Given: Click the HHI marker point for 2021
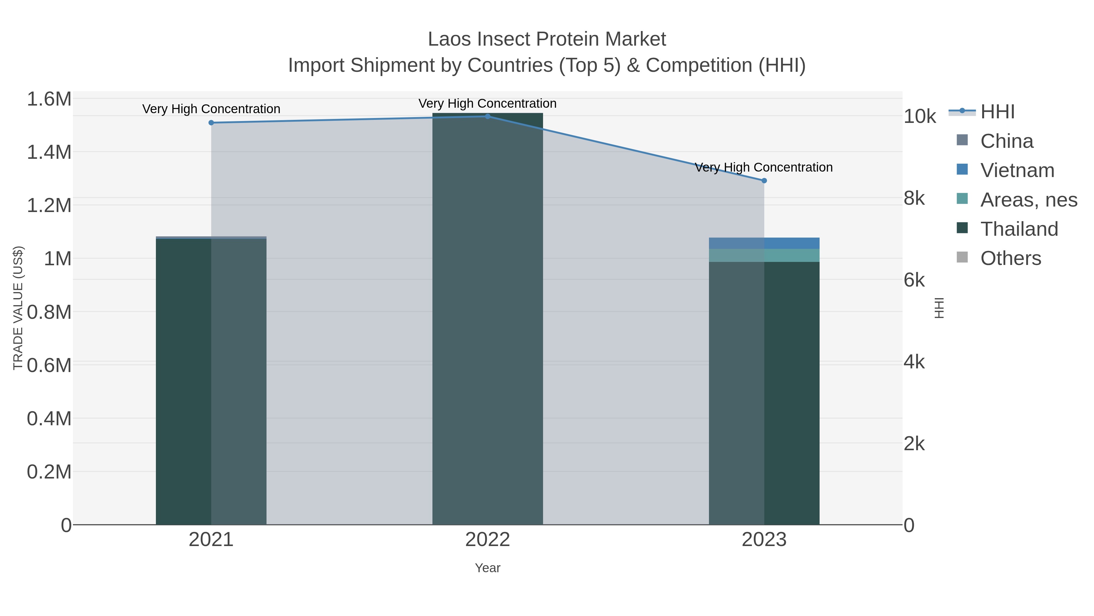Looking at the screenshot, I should pos(211,123).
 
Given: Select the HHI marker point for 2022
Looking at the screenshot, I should pos(487,117).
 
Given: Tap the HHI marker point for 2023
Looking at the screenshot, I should pos(764,181).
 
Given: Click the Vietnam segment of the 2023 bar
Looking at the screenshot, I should pos(764,243).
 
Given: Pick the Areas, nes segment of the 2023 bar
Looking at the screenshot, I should pos(764,256).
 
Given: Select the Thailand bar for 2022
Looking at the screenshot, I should pos(487,319).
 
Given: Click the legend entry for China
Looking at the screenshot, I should pos(1006,141).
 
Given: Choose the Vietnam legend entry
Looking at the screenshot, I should pos(1017,170).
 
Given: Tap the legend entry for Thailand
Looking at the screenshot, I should pos(1019,229).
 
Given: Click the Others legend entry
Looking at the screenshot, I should pos(1010,259).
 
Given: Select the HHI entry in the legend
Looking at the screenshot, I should pos(997,112).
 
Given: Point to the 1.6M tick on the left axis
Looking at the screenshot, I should pos(49,99).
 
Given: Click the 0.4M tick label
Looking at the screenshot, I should pos(49,419).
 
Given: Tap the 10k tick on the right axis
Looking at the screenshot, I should pos(920,117).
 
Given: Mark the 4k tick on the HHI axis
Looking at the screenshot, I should pos(914,362).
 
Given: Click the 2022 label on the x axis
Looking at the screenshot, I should pos(487,540).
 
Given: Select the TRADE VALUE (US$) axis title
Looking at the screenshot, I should pos(18,308).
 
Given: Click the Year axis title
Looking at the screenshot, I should pos(487,568).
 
